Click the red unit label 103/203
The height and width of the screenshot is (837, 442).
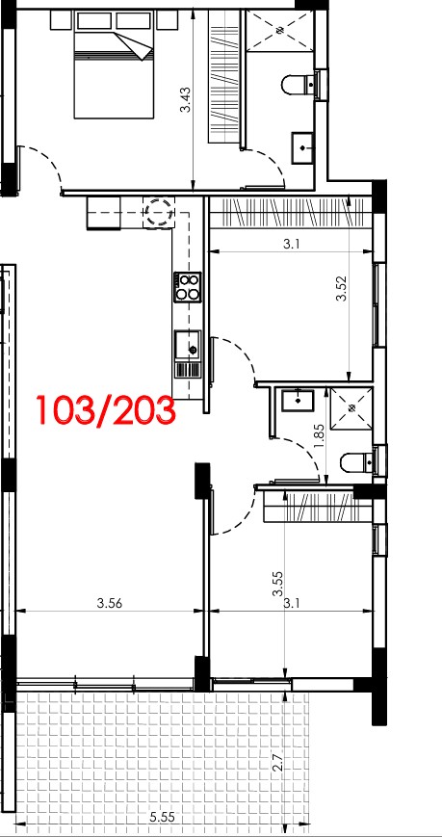106,410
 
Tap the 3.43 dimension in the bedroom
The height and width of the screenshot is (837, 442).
185,100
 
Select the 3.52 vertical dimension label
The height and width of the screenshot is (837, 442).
341,288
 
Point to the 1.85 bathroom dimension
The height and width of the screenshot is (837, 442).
320,438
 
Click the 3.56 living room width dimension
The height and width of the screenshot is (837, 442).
110,603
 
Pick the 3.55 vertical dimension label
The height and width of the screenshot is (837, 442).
277,585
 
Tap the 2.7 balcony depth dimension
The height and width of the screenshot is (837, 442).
277,760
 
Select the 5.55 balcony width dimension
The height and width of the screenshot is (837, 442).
163,817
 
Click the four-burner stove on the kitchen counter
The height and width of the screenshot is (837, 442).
187,287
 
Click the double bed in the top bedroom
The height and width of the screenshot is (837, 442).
114,75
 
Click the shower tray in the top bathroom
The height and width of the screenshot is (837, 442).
278,31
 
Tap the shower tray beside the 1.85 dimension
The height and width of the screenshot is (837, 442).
351,407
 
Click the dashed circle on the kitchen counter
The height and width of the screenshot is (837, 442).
160,212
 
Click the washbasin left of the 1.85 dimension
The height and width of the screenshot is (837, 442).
298,401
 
